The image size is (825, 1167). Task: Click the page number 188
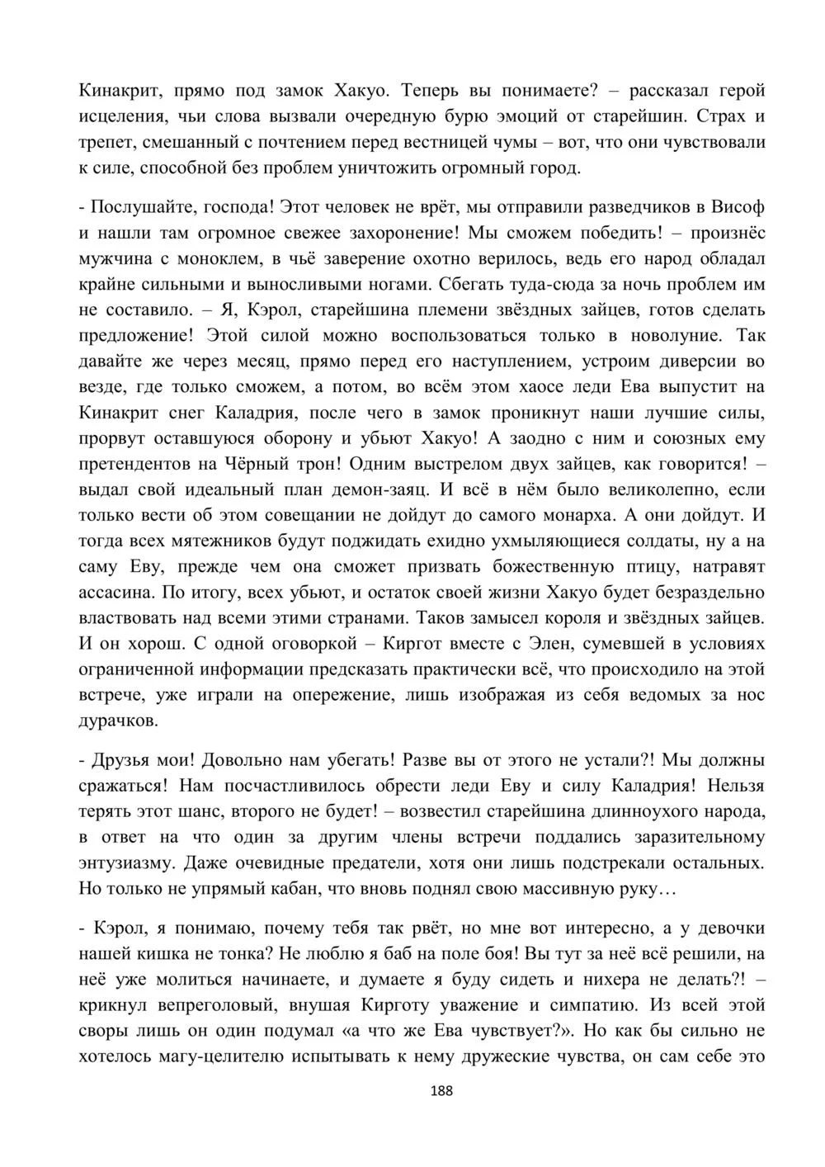pyautogui.click(x=442, y=1091)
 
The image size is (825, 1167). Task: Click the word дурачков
pyautogui.click(x=118, y=721)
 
